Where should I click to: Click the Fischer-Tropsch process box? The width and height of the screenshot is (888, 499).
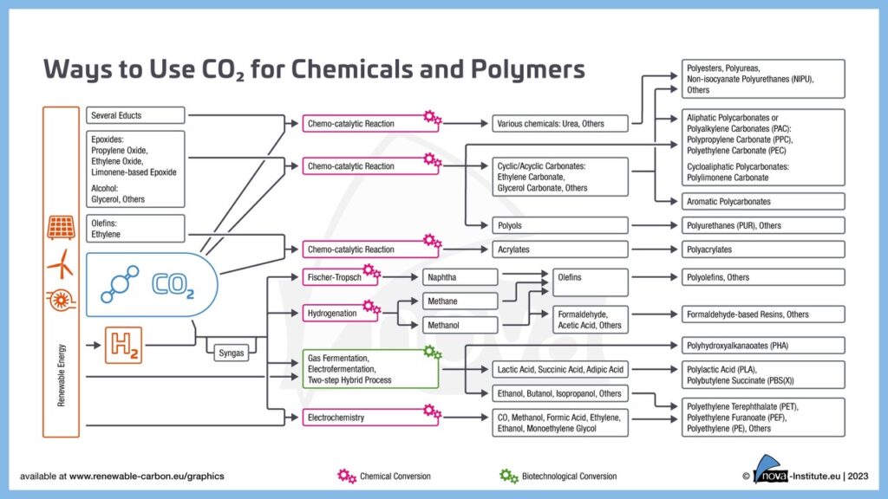[x=341, y=277]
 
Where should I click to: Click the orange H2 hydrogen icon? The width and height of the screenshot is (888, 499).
[x=123, y=346]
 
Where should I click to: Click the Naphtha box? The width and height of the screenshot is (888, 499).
[x=460, y=277]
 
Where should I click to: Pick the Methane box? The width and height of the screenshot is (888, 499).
[x=460, y=301]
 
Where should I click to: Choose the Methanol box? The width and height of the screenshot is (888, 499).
[x=460, y=325]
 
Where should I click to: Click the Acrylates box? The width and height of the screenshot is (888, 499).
[x=559, y=249]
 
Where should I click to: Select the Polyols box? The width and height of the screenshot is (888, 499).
[x=559, y=225]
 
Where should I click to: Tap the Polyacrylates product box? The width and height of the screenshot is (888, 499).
[x=762, y=249]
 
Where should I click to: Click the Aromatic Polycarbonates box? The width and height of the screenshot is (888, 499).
[x=762, y=201]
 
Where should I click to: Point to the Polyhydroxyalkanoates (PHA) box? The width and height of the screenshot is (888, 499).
[x=762, y=346]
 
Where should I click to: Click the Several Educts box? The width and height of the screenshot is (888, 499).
[x=137, y=115]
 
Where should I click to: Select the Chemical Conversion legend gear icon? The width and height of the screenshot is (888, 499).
[x=347, y=476]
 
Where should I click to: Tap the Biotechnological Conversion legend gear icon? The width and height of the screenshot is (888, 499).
[x=509, y=476]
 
